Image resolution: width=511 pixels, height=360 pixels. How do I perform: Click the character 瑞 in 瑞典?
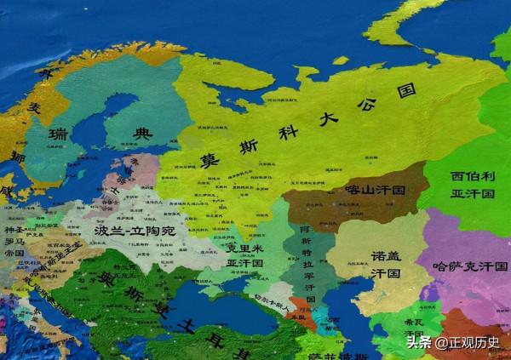click(59, 136)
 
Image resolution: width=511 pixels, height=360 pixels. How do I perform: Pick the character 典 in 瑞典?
click(141, 133)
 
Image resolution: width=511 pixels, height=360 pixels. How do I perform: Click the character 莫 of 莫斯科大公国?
click(207, 161)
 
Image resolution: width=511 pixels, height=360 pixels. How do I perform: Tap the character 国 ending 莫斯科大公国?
click(407, 89)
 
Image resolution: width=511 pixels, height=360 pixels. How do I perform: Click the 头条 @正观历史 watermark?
click(454, 343)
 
